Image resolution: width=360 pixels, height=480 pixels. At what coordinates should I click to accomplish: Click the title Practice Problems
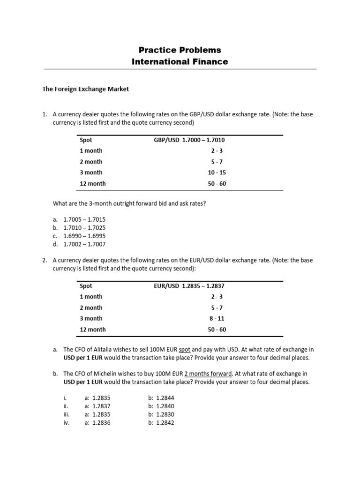point(180,50)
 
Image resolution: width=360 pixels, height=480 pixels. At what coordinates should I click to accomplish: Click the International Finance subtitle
point(180,61)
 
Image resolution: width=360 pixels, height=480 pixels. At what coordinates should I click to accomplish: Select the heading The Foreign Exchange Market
point(86,89)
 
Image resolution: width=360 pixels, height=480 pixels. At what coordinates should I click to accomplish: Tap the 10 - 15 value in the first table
point(217,172)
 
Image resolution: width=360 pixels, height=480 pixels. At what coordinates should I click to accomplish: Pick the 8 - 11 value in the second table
point(217,318)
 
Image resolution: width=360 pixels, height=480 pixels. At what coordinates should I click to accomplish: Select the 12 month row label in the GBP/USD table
point(93,184)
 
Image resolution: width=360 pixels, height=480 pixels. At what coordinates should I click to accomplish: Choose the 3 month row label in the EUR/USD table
point(91,318)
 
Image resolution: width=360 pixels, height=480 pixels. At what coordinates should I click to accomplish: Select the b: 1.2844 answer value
point(161,397)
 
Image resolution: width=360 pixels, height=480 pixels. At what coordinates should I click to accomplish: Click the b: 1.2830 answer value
point(161,414)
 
